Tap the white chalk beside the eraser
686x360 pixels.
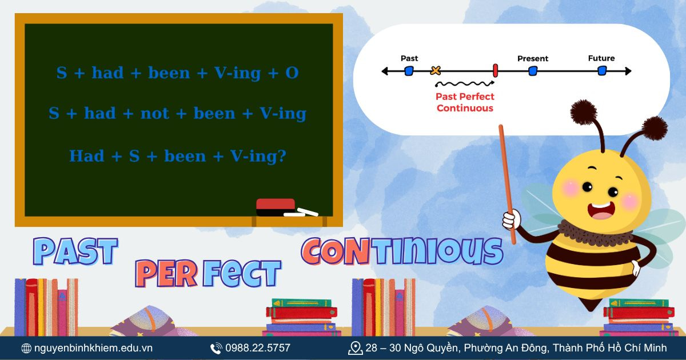click(x=301, y=213)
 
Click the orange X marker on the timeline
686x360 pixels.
click(x=436, y=71)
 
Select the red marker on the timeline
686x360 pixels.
click(x=495, y=71)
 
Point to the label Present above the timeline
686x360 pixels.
click(x=532, y=58)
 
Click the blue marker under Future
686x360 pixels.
click(x=601, y=71)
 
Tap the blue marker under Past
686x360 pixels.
click(x=409, y=71)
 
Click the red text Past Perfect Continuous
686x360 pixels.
click(x=465, y=102)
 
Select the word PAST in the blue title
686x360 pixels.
click(x=75, y=251)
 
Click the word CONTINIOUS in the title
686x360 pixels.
click(x=402, y=251)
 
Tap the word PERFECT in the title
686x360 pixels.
click(x=209, y=274)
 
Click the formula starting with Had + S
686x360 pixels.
click(x=177, y=155)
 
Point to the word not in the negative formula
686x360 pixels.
click(x=155, y=114)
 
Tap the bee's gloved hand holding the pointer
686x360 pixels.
click(x=510, y=219)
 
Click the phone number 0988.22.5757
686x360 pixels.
click(x=258, y=348)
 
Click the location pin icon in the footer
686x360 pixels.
click(x=355, y=348)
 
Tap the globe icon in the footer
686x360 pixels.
click(x=26, y=348)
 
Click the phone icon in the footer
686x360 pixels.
click(x=216, y=348)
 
